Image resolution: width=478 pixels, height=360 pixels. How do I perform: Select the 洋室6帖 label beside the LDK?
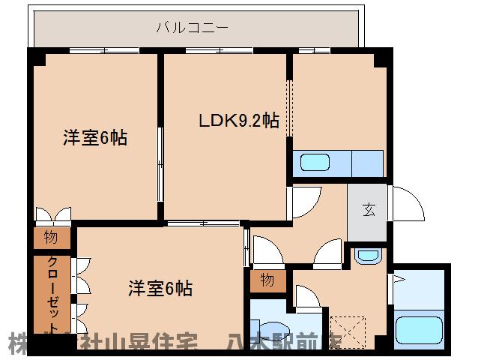point(94,138)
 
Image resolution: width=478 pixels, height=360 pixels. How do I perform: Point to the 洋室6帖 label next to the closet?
point(160,287)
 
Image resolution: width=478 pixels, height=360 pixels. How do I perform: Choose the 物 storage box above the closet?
point(51,238)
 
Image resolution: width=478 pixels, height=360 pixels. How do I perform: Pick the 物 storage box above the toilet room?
point(267,280)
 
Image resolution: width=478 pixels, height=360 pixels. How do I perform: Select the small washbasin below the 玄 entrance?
point(367,255)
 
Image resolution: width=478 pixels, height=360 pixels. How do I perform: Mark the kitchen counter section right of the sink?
point(367,163)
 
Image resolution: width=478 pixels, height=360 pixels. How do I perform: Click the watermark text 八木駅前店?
point(285,344)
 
